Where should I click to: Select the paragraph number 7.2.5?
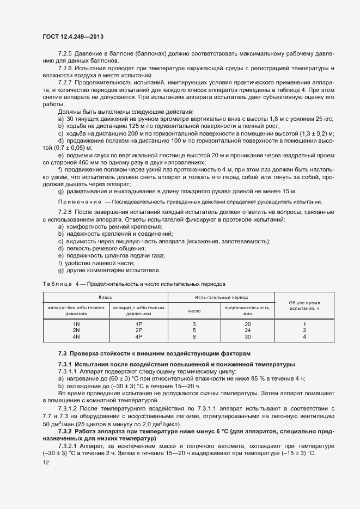click(x=66, y=54)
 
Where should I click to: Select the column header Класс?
click(x=105, y=298)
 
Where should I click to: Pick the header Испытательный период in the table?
click(x=221, y=298)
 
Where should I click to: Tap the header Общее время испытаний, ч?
click(x=304, y=305)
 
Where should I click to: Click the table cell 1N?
click(x=76, y=323)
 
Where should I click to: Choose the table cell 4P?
click(x=138, y=336)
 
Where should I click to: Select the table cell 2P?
click(x=138, y=330)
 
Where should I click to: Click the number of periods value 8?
click(x=194, y=336)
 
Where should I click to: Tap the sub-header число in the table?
click(x=194, y=311)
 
